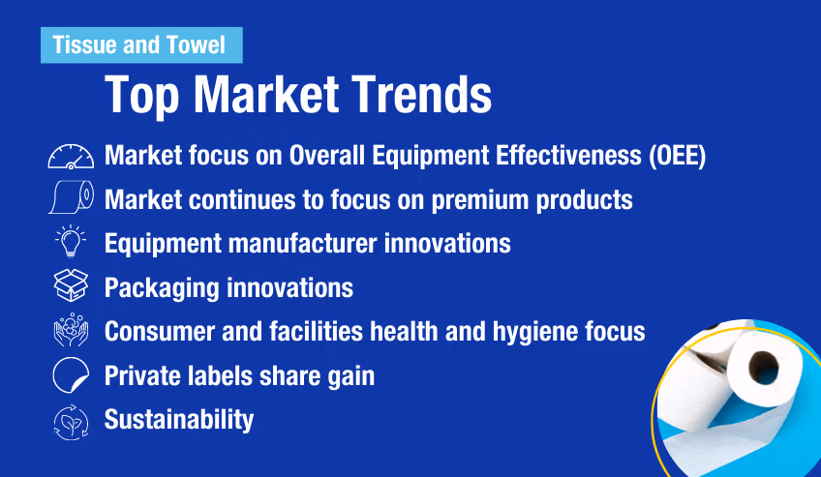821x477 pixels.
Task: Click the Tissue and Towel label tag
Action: [x=139, y=45]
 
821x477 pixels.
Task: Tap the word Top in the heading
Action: [x=141, y=95]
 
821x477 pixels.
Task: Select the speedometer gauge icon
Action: [x=71, y=157]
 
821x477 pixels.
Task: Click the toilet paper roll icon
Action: [x=71, y=198]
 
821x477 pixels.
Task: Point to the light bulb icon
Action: [x=71, y=243]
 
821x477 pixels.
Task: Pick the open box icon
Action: [x=71, y=287]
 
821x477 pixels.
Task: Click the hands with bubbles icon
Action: [x=71, y=331]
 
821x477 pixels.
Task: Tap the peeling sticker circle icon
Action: [x=71, y=375]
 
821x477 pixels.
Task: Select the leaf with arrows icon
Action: [x=71, y=420]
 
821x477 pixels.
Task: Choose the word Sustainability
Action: [x=179, y=420]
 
